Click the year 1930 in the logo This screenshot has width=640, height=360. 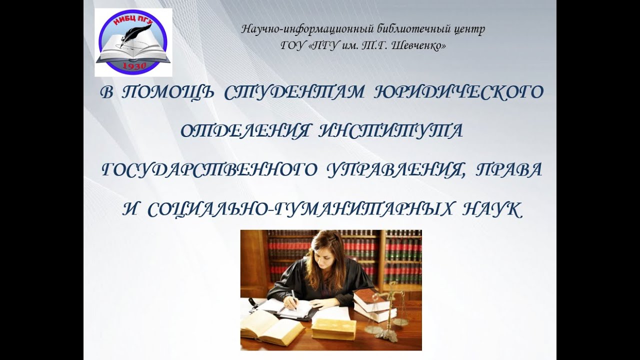click(x=133, y=66)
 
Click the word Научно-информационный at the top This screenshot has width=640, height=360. click(x=297, y=29)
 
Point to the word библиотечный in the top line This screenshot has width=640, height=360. click(x=392, y=29)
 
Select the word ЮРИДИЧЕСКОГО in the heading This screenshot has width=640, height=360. click(x=458, y=93)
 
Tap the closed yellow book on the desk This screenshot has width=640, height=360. click(x=333, y=328)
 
